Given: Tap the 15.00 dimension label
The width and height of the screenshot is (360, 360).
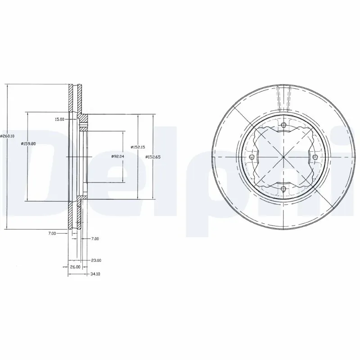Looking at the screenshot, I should pos(59,119).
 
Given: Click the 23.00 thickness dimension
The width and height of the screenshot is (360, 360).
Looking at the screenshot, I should pos(96,260).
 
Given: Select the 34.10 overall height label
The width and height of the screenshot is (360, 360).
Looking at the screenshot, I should pos(94,273).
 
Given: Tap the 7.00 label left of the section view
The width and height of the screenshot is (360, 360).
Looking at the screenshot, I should pos(52,233).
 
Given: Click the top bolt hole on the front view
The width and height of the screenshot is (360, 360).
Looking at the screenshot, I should pos(283,126).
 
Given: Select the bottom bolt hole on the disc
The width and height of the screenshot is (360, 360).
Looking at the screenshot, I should pos(283,189).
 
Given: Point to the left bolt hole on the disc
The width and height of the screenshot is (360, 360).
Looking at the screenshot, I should pos(252,157).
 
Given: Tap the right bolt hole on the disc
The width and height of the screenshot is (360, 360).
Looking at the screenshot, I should pos(315,157).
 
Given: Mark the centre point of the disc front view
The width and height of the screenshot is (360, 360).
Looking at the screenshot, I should pos(283,157).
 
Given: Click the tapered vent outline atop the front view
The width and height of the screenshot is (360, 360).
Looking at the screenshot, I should pos(283,97).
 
